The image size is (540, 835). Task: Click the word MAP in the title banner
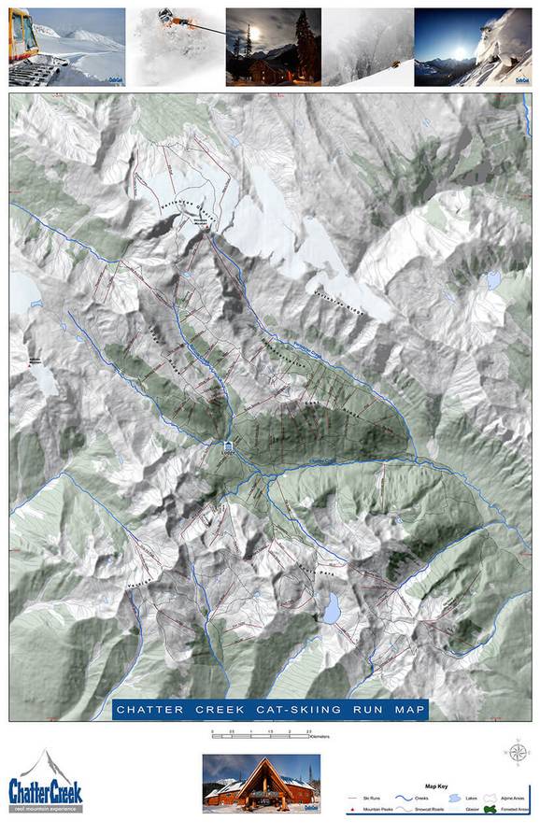pos(409,710)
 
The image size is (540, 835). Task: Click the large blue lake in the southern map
pos(332,610)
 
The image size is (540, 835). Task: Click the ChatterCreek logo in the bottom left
pos(46,779)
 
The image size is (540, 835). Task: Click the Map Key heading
pos(436,785)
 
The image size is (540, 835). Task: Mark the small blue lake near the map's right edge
pos(492,278)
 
